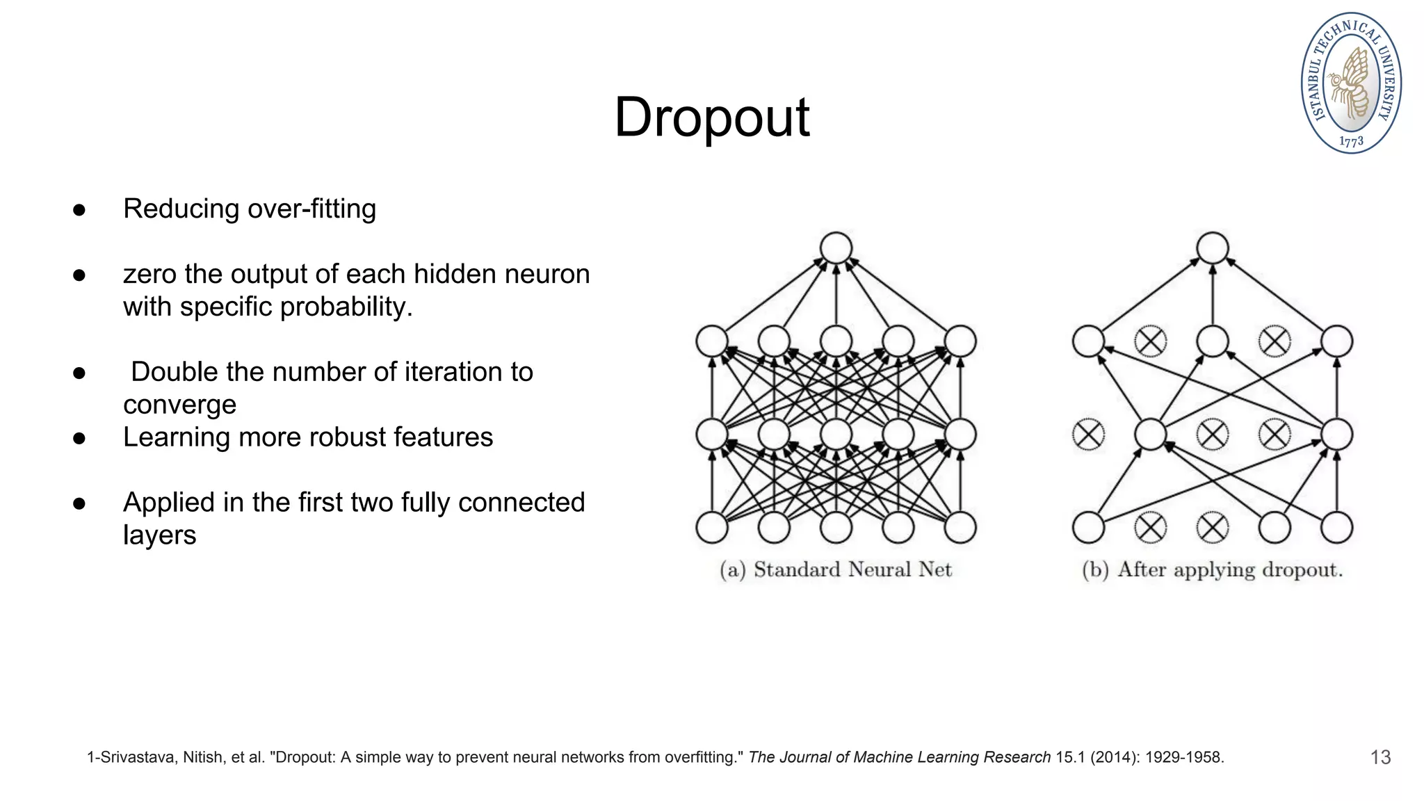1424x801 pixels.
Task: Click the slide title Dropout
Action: (711, 118)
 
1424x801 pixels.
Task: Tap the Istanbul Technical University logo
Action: (1351, 83)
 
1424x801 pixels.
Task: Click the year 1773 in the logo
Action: (1351, 141)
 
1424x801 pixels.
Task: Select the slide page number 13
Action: (1380, 757)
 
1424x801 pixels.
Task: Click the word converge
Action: (179, 405)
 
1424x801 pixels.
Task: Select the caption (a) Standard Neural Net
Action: (836, 570)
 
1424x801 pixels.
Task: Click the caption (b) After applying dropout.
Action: (1212, 570)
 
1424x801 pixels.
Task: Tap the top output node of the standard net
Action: (836, 248)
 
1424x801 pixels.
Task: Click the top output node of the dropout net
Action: (1213, 248)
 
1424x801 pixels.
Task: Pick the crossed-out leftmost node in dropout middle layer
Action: (1088, 435)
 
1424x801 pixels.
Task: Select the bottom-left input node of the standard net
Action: (712, 528)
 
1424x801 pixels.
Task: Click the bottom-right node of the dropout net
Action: (1336, 528)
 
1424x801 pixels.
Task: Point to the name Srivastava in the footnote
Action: (139, 757)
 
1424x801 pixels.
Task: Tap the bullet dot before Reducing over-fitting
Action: (79, 209)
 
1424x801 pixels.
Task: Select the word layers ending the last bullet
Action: (159, 535)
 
